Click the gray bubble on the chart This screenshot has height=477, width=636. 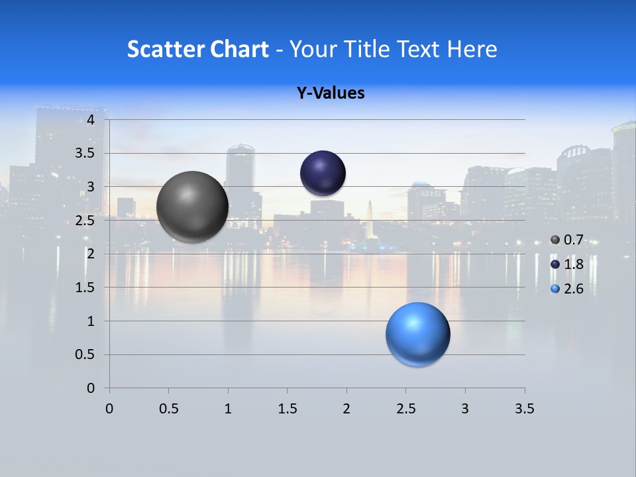click(x=192, y=207)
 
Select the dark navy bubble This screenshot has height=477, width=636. click(x=323, y=174)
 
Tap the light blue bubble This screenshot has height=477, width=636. click(x=417, y=334)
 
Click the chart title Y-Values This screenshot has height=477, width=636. click(x=331, y=93)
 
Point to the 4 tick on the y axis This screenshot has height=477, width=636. click(x=91, y=120)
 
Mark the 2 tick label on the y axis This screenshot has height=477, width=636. click(x=91, y=254)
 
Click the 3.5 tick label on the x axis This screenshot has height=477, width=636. click(x=524, y=409)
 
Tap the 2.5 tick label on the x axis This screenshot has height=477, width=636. click(x=405, y=409)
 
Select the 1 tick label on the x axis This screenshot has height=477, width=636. click(x=228, y=409)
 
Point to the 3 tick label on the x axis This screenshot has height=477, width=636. click(x=465, y=409)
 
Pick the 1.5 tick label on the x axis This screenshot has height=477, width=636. click(x=287, y=409)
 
